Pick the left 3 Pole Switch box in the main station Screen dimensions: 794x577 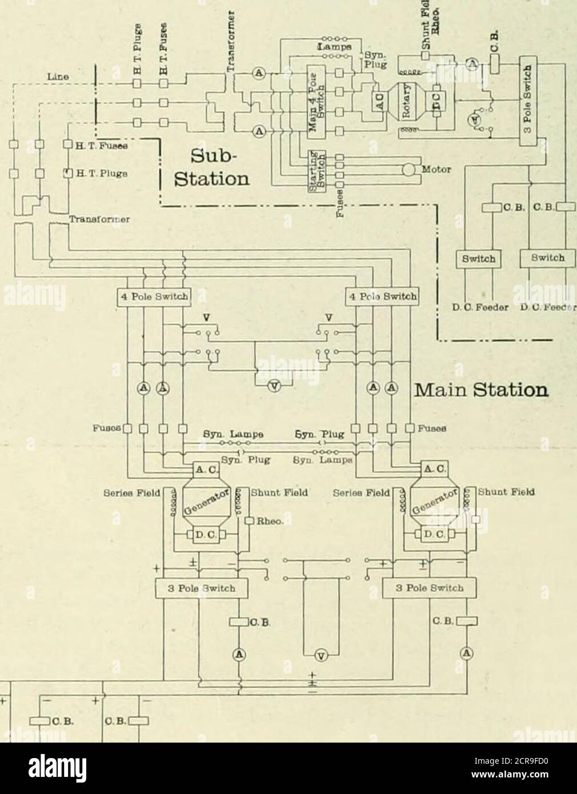tap(196, 588)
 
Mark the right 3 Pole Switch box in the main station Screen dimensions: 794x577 tap(421, 588)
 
